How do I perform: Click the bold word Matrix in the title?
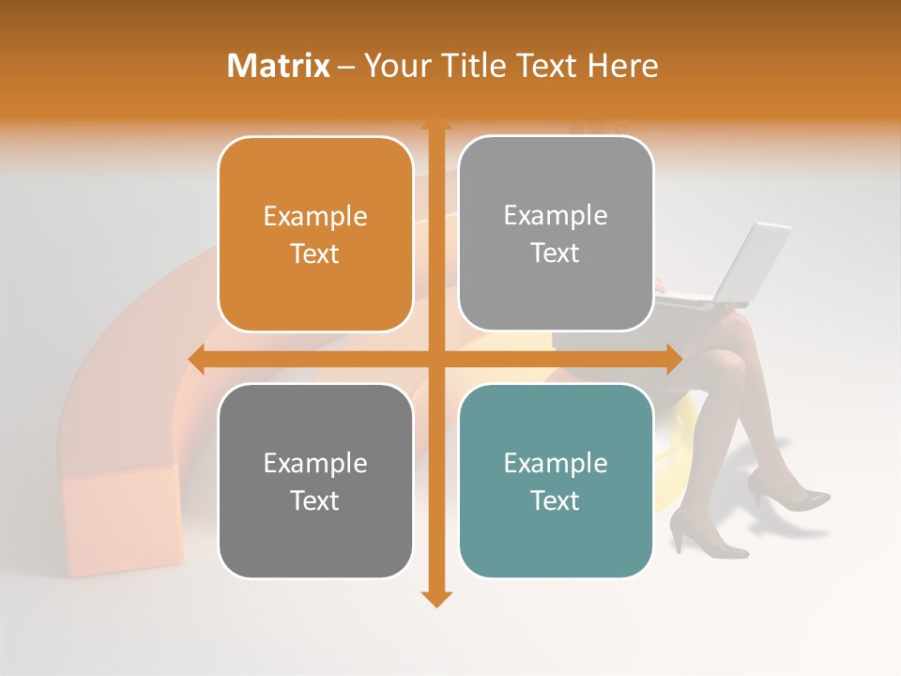pyautogui.click(x=279, y=66)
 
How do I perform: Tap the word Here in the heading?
pyautogui.click(x=622, y=66)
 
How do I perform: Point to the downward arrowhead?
pyautogui.click(x=435, y=598)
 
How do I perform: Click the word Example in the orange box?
pyautogui.click(x=315, y=217)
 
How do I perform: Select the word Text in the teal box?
pyautogui.click(x=556, y=500)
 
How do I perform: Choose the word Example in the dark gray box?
pyautogui.click(x=315, y=464)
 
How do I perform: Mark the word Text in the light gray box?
pyautogui.click(x=556, y=253)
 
